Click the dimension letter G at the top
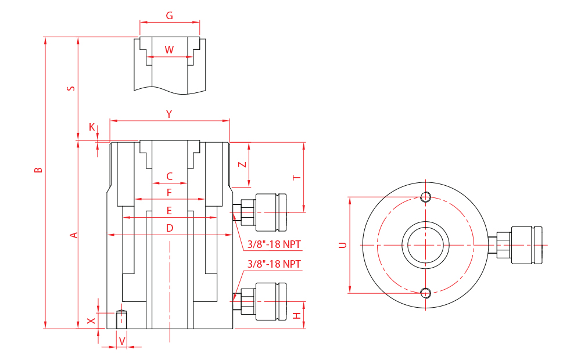tap(170, 16)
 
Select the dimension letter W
tap(169, 50)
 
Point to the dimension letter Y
tap(169, 114)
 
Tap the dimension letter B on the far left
tap(38, 171)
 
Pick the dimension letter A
tap(73, 235)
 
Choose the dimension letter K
tap(92, 127)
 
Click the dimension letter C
tap(170, 177)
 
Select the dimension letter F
tap(170, 192)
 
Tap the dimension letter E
tap(170, 210)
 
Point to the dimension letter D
tap(170, 228)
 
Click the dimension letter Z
tap(243, 164)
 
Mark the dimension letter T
tap(296, 178)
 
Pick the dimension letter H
tap(296, 316)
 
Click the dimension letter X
tap(90, 321)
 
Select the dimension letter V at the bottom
tap(122, 341)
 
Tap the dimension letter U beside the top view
tap(343, 245)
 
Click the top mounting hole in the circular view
tap(426, 196)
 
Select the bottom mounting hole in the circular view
tap(426, 292)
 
